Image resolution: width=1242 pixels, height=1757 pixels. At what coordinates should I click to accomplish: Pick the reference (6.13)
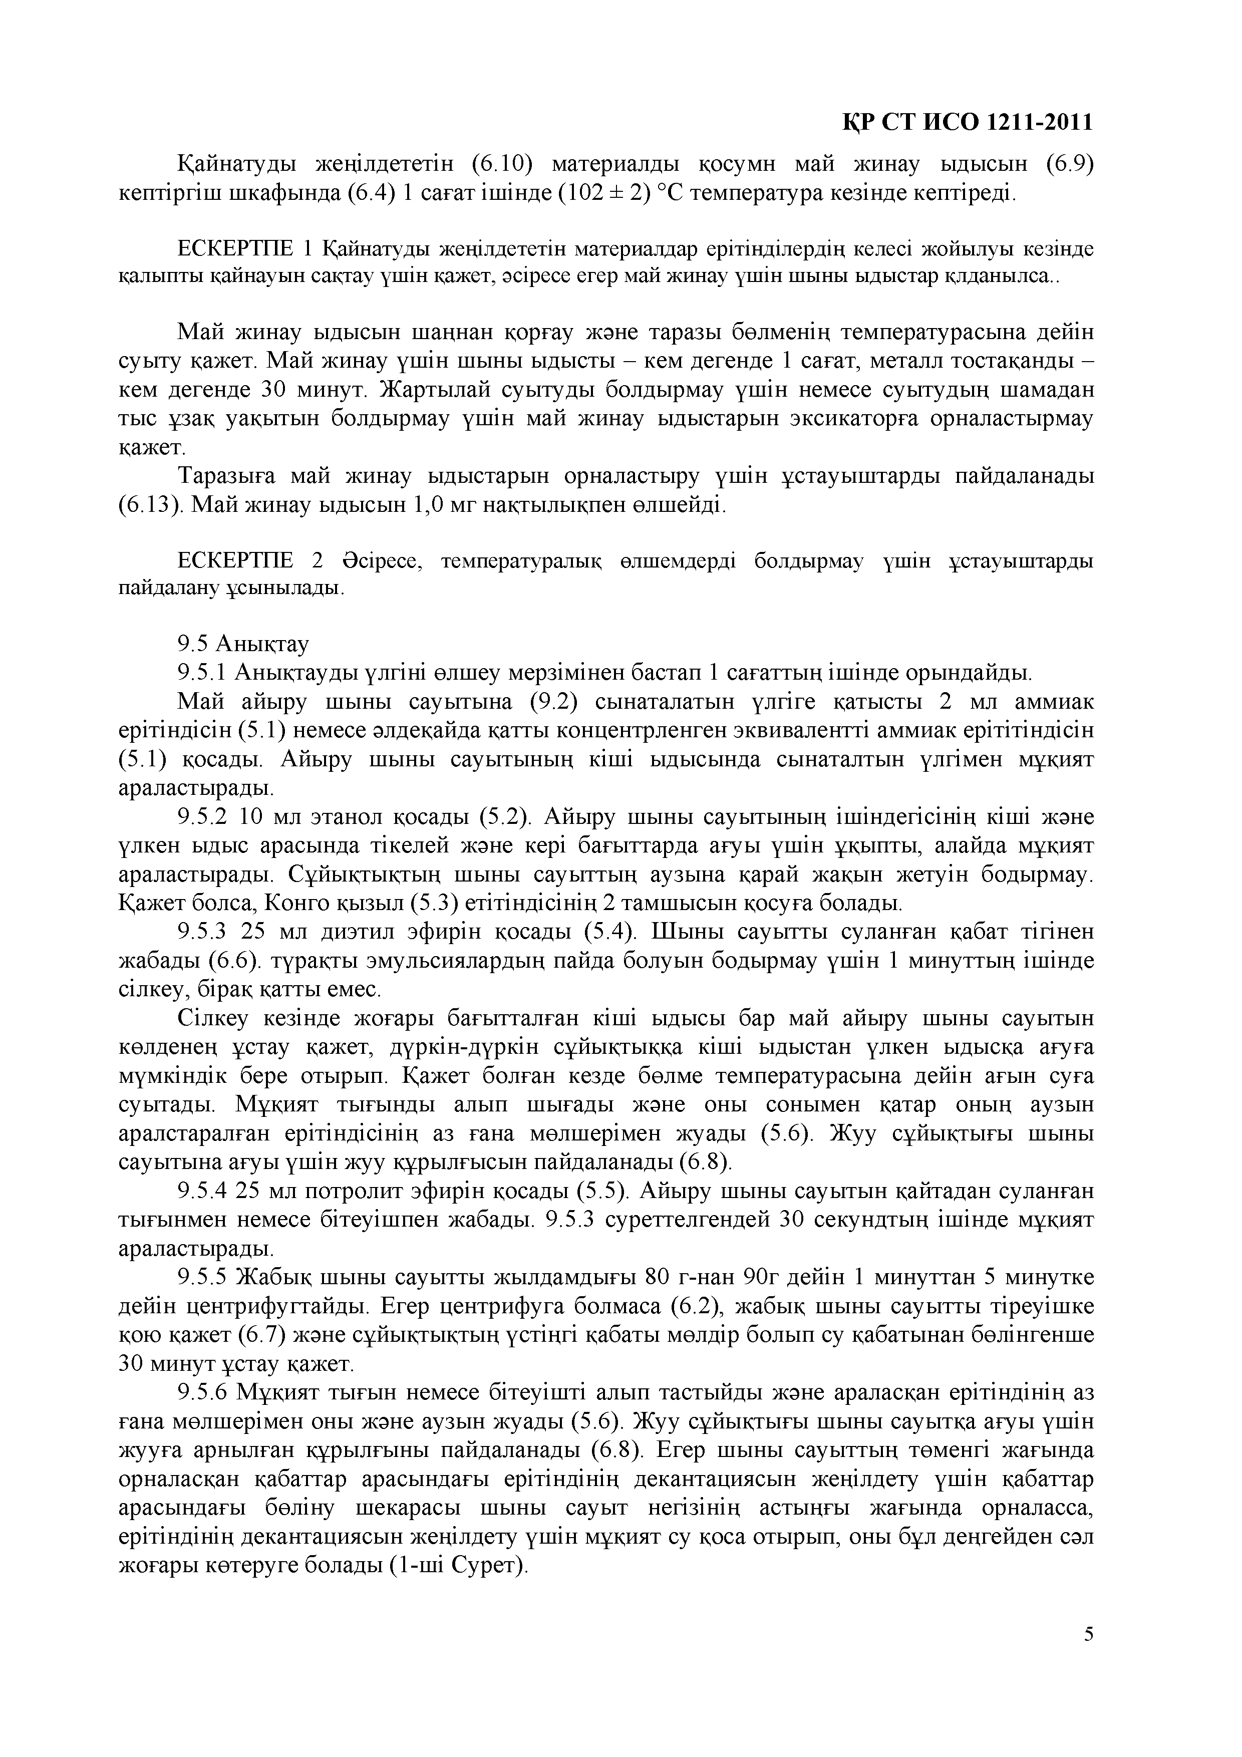coord(148,505)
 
